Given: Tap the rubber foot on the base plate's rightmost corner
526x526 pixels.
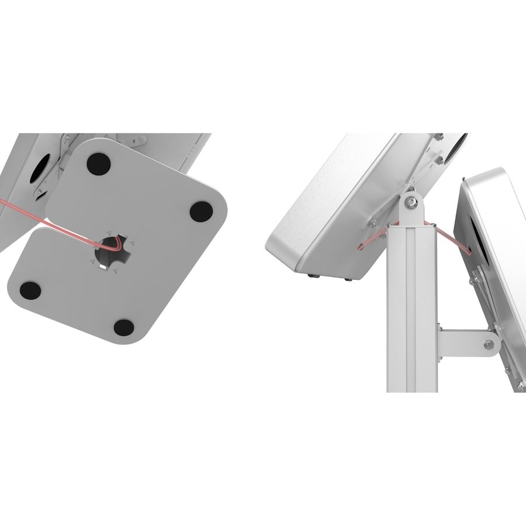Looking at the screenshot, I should (202, 209).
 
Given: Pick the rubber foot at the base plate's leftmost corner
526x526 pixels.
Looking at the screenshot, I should (27, 288).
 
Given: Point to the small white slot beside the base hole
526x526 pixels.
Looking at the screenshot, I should (103, 268).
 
